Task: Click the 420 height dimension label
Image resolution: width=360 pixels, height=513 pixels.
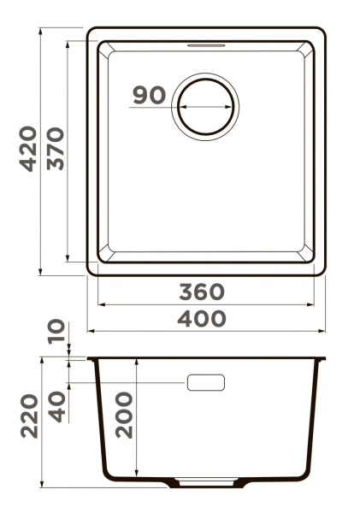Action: click(28, 149)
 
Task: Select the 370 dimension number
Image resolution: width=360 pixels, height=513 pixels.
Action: click(56, 149)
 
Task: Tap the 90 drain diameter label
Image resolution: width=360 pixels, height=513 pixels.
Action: click(150, 95)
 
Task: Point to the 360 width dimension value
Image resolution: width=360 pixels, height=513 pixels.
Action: click(202, 292)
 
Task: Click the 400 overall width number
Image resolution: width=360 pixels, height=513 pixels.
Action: click(202, 319)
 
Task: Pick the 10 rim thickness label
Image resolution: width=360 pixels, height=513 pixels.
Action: click(56, 331)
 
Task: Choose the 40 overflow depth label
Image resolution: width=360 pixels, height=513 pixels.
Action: click(56, 407)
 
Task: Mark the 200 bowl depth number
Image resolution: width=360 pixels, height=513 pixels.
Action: click(124, 416)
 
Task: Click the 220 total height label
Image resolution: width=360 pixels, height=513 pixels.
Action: click(29, 416)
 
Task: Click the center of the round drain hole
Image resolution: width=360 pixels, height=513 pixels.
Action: click(205, 107)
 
